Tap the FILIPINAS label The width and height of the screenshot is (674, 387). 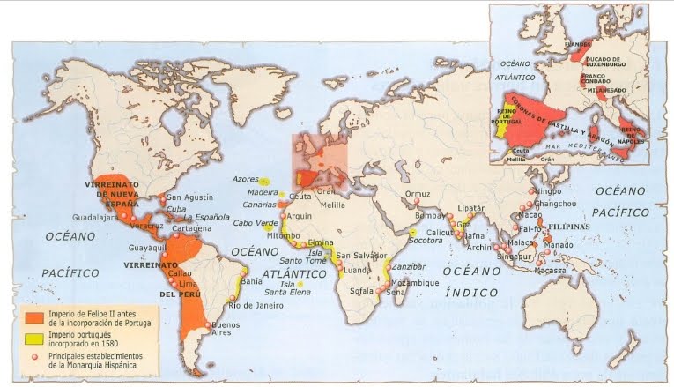coord(574,226)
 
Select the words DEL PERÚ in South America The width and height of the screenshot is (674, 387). coord(179,293)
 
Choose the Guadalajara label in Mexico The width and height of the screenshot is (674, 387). coord(95,215)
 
